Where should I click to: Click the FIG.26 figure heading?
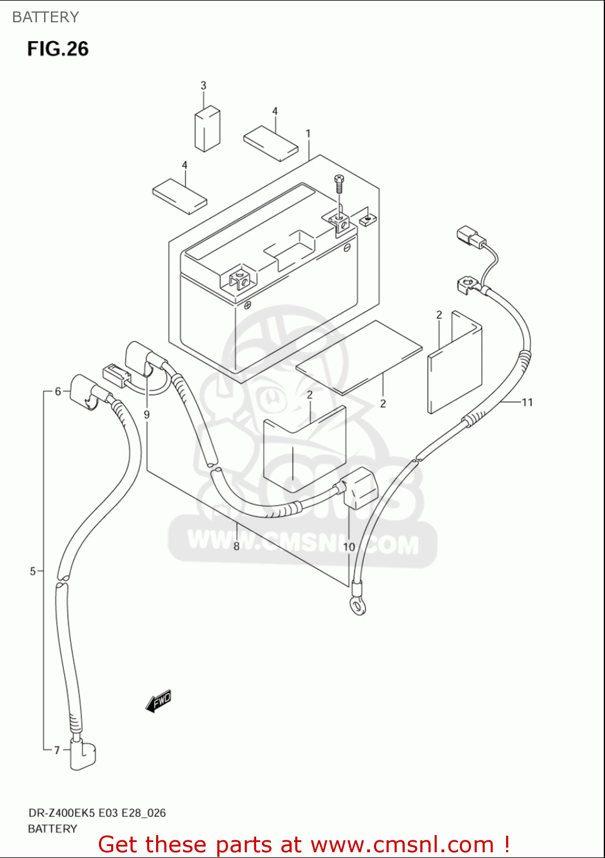[58, 49]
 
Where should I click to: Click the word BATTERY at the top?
[45, 17]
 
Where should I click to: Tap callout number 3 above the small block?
[204, 86]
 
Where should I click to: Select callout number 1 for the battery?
[308, 134]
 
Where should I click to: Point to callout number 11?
[527, 402]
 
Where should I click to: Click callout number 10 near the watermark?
[349, 547]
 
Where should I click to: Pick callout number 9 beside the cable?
[147, 414]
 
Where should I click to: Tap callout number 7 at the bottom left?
[57, 750]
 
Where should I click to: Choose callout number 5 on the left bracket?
[33, 571]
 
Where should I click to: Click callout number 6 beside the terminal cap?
[58, 391]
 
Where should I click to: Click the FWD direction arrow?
[158, 701]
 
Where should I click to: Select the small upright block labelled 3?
[208, 129]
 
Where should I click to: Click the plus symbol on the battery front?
[247, 305]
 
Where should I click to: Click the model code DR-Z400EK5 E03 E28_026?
[97, 813]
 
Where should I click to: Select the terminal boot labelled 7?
[83, 754]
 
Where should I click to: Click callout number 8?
[236, 546]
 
